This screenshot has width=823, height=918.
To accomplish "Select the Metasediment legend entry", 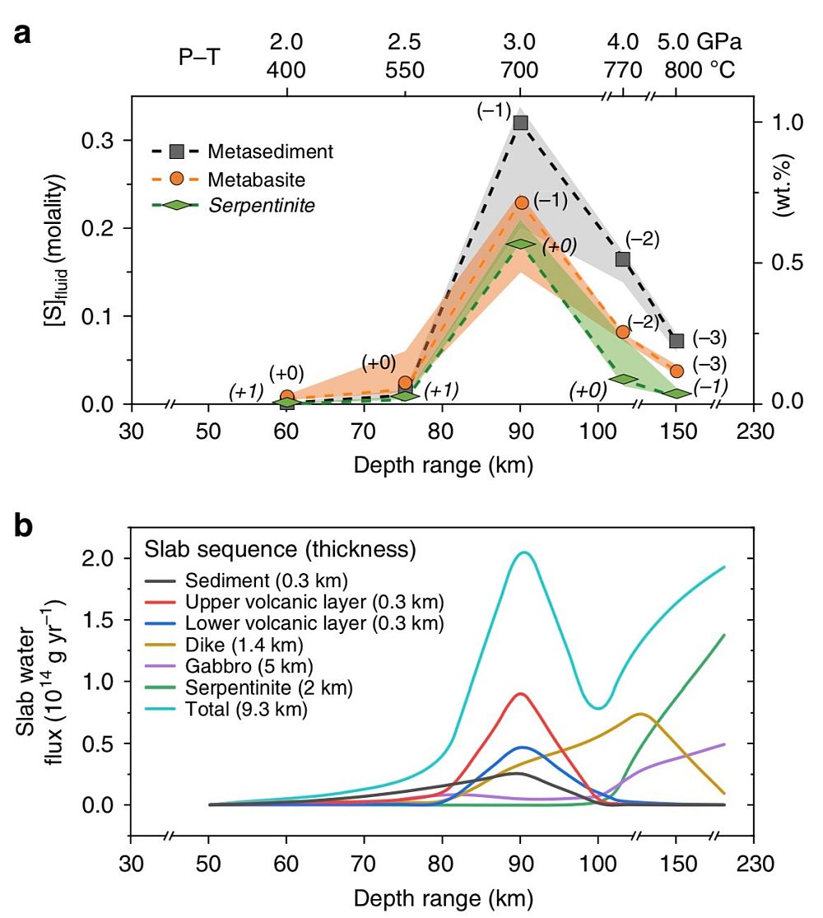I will click(270, 151).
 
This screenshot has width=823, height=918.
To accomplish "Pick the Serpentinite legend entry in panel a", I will click(261, 204).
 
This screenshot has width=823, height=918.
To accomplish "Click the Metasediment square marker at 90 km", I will click(520, 123).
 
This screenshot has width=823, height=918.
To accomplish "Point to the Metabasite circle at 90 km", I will click(520, 203).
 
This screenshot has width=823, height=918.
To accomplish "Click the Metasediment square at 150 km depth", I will click(677, 340).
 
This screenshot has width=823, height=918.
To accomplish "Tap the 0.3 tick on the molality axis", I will click(98, 141).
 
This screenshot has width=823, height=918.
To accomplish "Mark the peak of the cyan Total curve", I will click(524, 552).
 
